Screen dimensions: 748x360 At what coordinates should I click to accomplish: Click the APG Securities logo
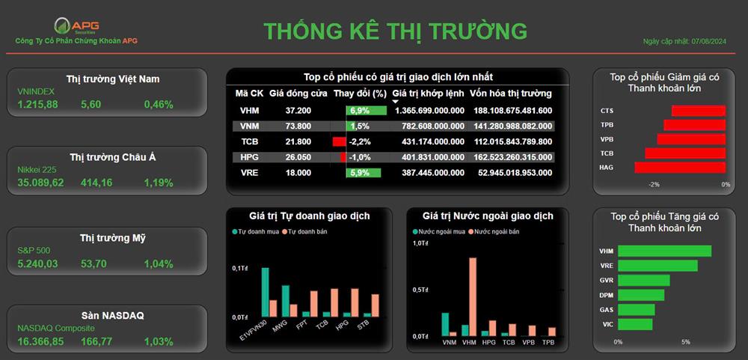[x=76, y=26]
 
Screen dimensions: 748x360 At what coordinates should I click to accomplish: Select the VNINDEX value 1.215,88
[x=37, y=104]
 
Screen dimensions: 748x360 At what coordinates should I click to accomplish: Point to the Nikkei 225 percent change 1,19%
[x=159, y=183]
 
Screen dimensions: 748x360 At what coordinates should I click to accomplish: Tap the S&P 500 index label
[x=34, y=250]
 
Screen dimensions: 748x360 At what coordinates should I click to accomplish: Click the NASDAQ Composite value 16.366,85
[x=40, y=341]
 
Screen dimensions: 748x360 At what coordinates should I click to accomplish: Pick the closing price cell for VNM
[x=298, y=126]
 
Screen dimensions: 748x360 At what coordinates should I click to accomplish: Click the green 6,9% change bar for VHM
[x=367, y=111]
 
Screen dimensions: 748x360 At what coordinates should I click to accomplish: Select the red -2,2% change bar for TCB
[x=339, y=141]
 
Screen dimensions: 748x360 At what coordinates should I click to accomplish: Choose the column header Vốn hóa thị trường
[x=510, y=93]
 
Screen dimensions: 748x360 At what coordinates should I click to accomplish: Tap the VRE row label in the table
[x=249, y=173]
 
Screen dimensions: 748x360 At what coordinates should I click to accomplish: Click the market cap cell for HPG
[x=513, y=157]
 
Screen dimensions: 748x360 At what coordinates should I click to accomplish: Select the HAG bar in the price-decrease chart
[x=680, y=168]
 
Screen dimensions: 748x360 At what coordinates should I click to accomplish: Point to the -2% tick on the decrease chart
[x=654, y=184]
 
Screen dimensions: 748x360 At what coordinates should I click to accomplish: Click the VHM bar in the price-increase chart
[x=664, y=251]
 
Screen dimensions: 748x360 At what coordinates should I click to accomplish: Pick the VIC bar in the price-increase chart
[x=635, y=324]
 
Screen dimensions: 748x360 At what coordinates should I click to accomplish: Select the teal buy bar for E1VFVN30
[x=265, y=292]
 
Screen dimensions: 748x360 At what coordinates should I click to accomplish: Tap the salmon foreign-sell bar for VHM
[x=473, y=297]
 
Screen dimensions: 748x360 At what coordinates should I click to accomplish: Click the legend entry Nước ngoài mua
[x=438, y=231]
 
